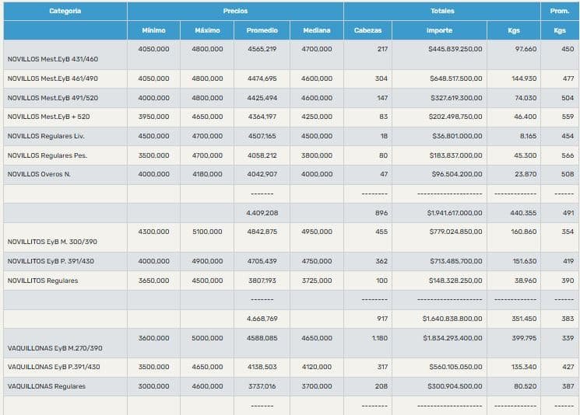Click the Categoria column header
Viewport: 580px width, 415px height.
(x=65, y=11)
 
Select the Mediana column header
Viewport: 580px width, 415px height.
(x=316, y=30)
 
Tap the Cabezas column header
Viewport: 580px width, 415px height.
(x=367, y=30)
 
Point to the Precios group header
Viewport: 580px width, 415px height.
(x=235, y=11)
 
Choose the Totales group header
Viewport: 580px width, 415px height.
(x=442, y=11)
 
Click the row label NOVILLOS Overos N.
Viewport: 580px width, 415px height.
(x=39, y=174)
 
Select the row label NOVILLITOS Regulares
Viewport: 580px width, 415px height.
(x=43, y=281)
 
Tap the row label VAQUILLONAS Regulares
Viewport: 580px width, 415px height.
(x=47, y=386)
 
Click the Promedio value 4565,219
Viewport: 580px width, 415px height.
(x=262, y=49)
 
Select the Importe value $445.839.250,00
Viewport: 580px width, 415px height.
(x=455, y=49)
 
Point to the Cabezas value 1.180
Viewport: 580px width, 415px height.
(x=379, y=338)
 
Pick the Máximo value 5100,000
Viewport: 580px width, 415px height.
(x=207, y=232)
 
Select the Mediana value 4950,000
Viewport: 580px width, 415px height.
(x=317, y=232)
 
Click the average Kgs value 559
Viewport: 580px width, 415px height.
(x=568, y=117)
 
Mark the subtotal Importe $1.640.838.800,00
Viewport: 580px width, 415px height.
(x=452, y=319)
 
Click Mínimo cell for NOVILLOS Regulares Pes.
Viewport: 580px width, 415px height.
(x=153, y=155)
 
